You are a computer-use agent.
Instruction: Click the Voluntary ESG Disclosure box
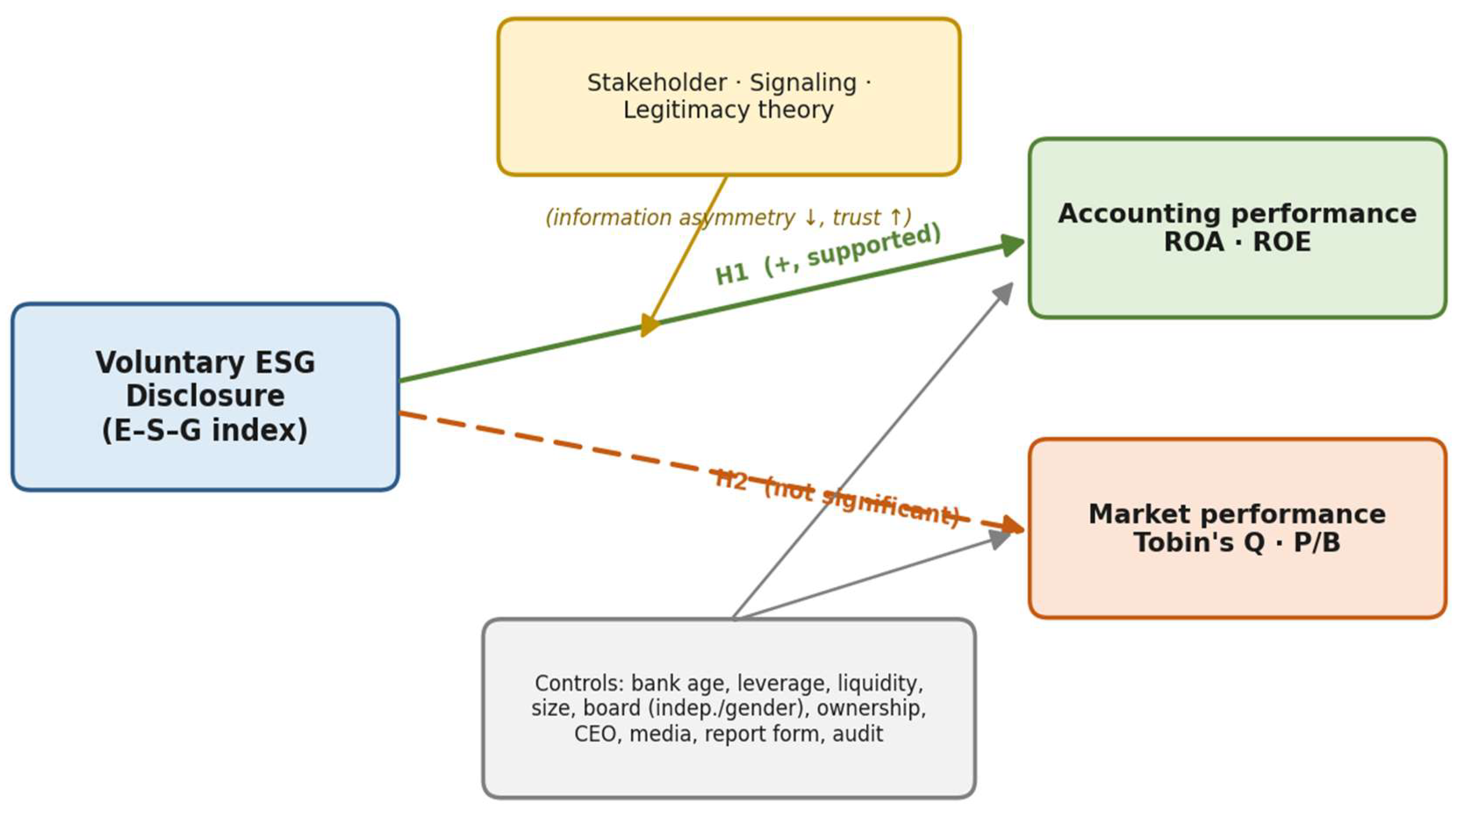[205, 396]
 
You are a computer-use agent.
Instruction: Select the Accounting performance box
[1237, 228]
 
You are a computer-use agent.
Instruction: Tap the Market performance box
[1237, 528]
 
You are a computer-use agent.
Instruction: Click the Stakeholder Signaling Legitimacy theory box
[729, 97]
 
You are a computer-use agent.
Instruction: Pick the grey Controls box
[729, 708]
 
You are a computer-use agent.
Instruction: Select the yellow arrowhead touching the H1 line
[649, 325]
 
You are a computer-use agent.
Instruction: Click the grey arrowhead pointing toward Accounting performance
[1004, 293]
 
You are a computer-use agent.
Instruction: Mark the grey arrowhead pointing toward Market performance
[1001, 538]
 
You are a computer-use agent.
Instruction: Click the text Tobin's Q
[1199, 542]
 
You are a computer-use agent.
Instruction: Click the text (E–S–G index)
[205, 430]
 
